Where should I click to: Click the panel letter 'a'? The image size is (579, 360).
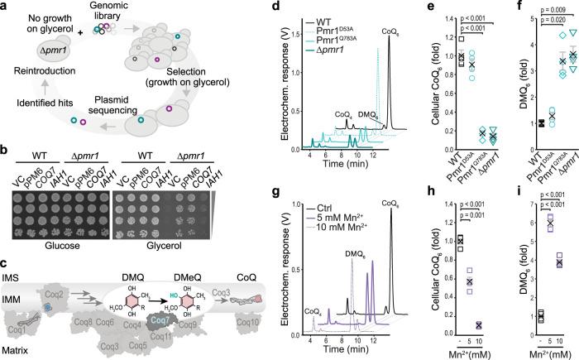point(6,7)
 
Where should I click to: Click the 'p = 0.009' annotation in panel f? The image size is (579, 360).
point(538,11)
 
